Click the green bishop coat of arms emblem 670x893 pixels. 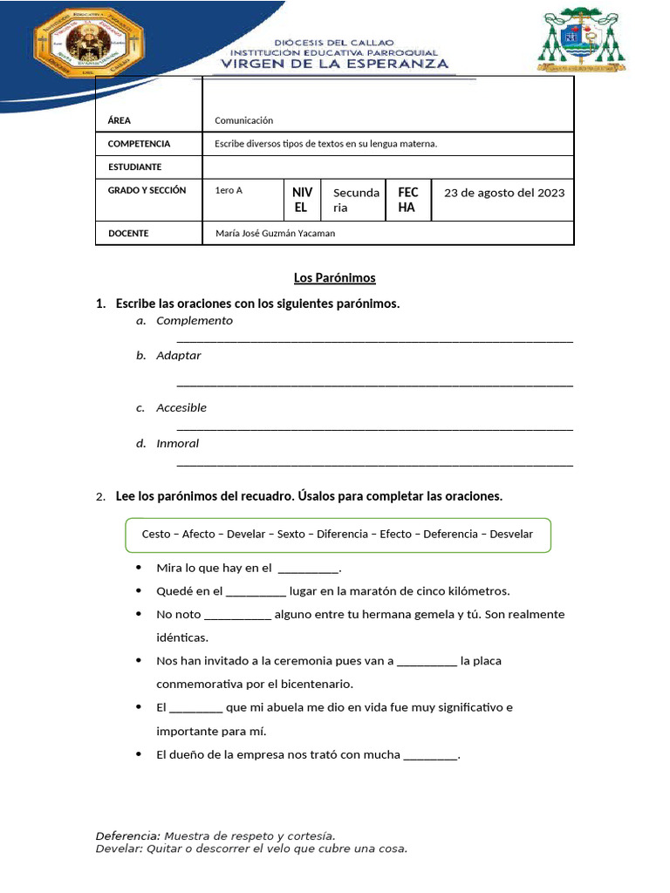(x=581, y=40)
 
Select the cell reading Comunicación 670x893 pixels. (x=244, y=120)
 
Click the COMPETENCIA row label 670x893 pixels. (x=139, y=143)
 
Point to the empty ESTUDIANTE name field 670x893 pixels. (x=387, y=167)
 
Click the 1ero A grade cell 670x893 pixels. (x=229, y=190)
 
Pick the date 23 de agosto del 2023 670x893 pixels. (x=504, y=193)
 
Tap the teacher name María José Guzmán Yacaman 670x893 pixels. (x=275, y=233)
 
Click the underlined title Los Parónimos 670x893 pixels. (x=335, y=278)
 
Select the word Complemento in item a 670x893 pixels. (x=195, y=321)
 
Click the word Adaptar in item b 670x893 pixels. (x=179, y=356)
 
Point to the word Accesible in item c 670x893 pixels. (x=181, y=408)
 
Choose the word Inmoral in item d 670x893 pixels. (x=178, y=444)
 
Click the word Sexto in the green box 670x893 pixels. (x=291, y=534)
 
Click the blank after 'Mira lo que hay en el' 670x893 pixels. (x=308, y=569)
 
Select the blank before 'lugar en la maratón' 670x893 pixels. (x=256, y=591)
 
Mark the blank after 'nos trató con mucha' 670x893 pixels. (x=430, y=755)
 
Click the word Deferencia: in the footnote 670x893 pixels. (x=127, y=835)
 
